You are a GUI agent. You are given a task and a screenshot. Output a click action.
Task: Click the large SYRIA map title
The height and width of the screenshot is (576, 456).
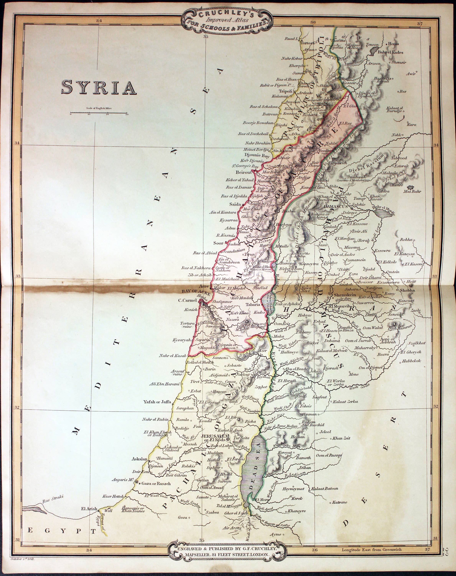99,87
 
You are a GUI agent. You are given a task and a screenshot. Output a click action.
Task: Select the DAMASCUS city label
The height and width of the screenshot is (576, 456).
335,207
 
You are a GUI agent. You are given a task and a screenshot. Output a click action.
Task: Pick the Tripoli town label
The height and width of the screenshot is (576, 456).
286,91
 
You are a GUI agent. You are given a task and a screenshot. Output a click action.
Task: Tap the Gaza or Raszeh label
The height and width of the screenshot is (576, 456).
156,484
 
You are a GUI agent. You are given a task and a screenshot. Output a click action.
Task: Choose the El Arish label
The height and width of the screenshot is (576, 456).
89,509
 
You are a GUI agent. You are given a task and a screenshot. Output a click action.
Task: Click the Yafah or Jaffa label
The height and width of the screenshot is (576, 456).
157,401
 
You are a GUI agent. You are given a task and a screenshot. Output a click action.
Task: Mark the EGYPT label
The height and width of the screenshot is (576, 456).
62,530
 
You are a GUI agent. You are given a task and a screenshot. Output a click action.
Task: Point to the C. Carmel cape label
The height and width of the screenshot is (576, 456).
187,300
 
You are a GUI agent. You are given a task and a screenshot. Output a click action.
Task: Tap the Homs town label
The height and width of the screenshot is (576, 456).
393,44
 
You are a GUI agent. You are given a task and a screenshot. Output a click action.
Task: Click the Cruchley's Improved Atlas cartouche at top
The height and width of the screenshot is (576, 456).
227,20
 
